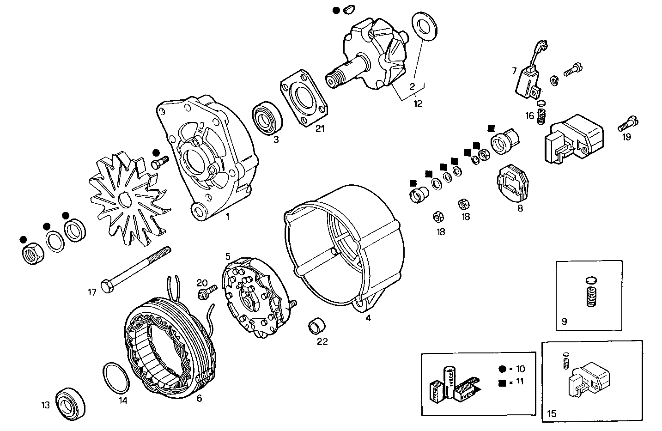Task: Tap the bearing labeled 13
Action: (71, 404)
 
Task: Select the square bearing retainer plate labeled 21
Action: (303, 99)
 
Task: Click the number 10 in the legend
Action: (521, 369)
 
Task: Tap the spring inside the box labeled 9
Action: (591, 296)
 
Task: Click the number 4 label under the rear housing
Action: (368, 318)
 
